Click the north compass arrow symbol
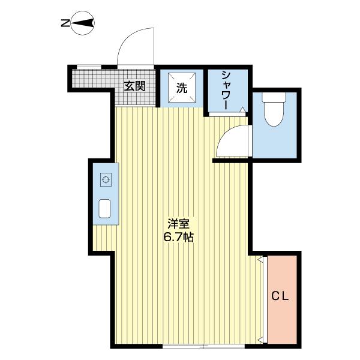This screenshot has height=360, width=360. [85, 23]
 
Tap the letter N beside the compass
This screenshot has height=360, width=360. [65, 24]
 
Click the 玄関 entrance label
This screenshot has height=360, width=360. [134, 86]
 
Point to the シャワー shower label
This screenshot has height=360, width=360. [226, 90]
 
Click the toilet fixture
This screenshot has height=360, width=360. [274, 110]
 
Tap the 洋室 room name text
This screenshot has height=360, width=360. [179, 224]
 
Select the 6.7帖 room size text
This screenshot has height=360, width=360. [179, 236]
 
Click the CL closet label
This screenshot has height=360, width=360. [281, 295]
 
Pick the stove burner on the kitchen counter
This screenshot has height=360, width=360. [106, 179]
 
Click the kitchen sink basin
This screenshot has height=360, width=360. [106, 208]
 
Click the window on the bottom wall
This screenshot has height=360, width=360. [204, 346]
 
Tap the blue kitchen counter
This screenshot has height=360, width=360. [106, 194]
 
